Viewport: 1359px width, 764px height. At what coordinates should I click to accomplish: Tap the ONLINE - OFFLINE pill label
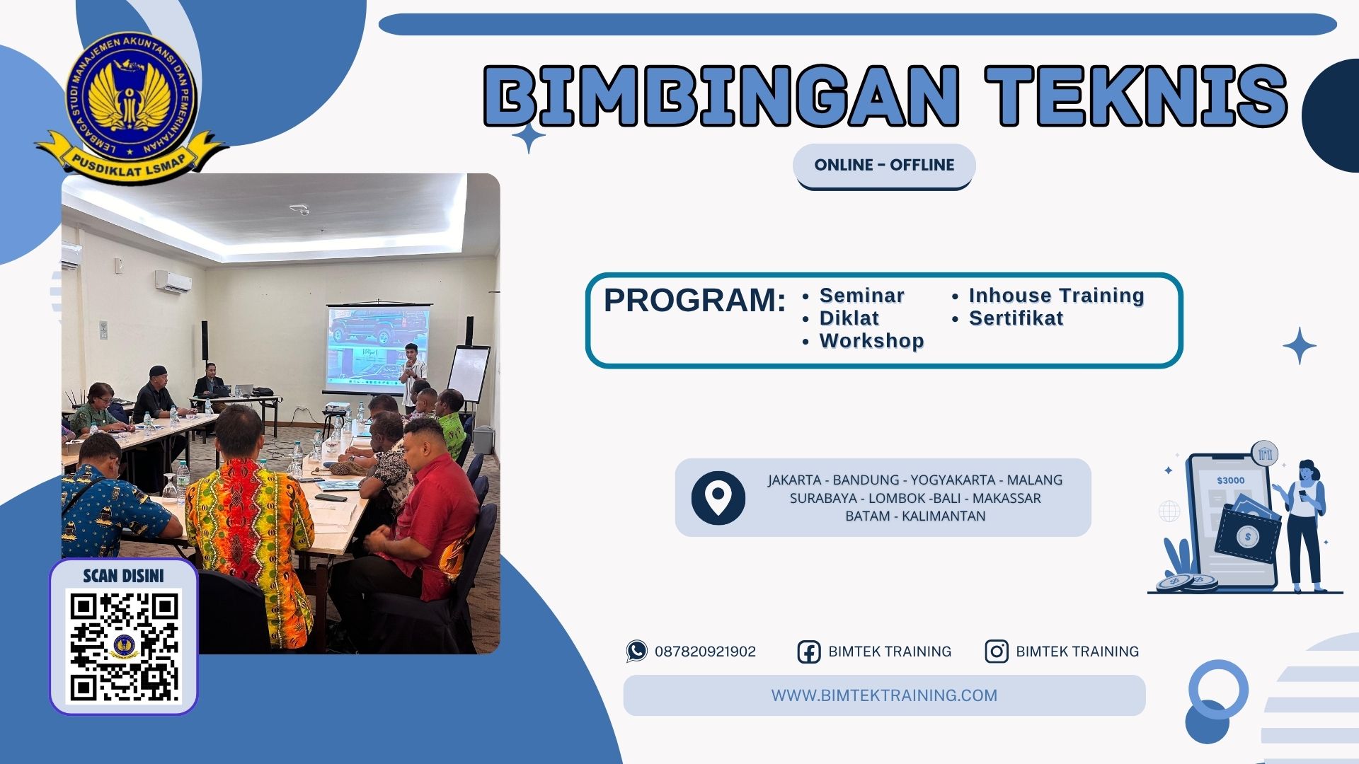point(884,165)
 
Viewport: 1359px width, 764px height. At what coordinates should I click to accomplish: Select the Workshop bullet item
point(871,341)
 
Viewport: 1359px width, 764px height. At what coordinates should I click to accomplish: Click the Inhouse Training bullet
point(1056,296)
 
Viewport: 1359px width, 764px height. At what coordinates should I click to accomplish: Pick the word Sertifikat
point(1016,318)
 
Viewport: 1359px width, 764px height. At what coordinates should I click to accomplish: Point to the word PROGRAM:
point(694,300)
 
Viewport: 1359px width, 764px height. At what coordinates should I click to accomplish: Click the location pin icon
point(718,497)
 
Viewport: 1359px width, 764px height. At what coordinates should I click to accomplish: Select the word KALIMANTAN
point(944,516)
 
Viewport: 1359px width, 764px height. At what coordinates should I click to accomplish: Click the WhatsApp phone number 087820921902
point(705,652)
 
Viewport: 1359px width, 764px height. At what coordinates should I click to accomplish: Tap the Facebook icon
point(808,652)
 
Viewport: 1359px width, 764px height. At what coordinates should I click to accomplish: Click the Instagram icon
point(996,652)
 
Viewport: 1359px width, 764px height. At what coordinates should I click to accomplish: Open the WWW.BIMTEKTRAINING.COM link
point(884,695)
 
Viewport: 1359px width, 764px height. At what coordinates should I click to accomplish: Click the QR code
point(124,647)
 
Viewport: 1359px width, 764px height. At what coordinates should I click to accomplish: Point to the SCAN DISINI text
point(123,576)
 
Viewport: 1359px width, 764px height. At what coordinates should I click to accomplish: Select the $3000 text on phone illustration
point(1230,480)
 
